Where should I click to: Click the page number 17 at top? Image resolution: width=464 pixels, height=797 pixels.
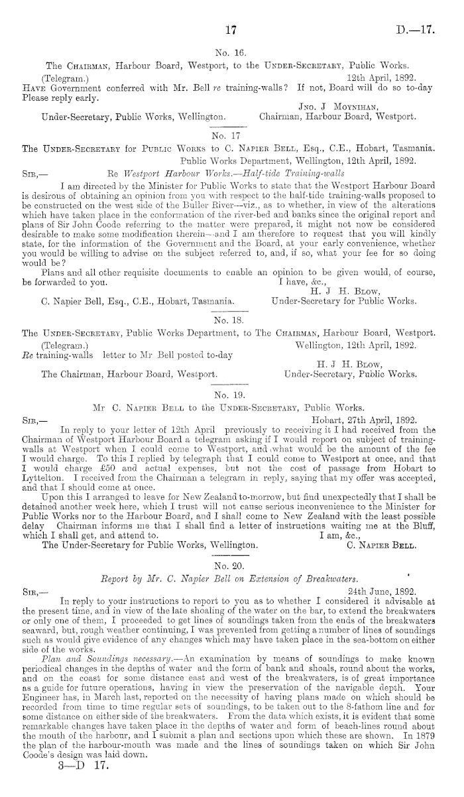[x=231, y=29]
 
